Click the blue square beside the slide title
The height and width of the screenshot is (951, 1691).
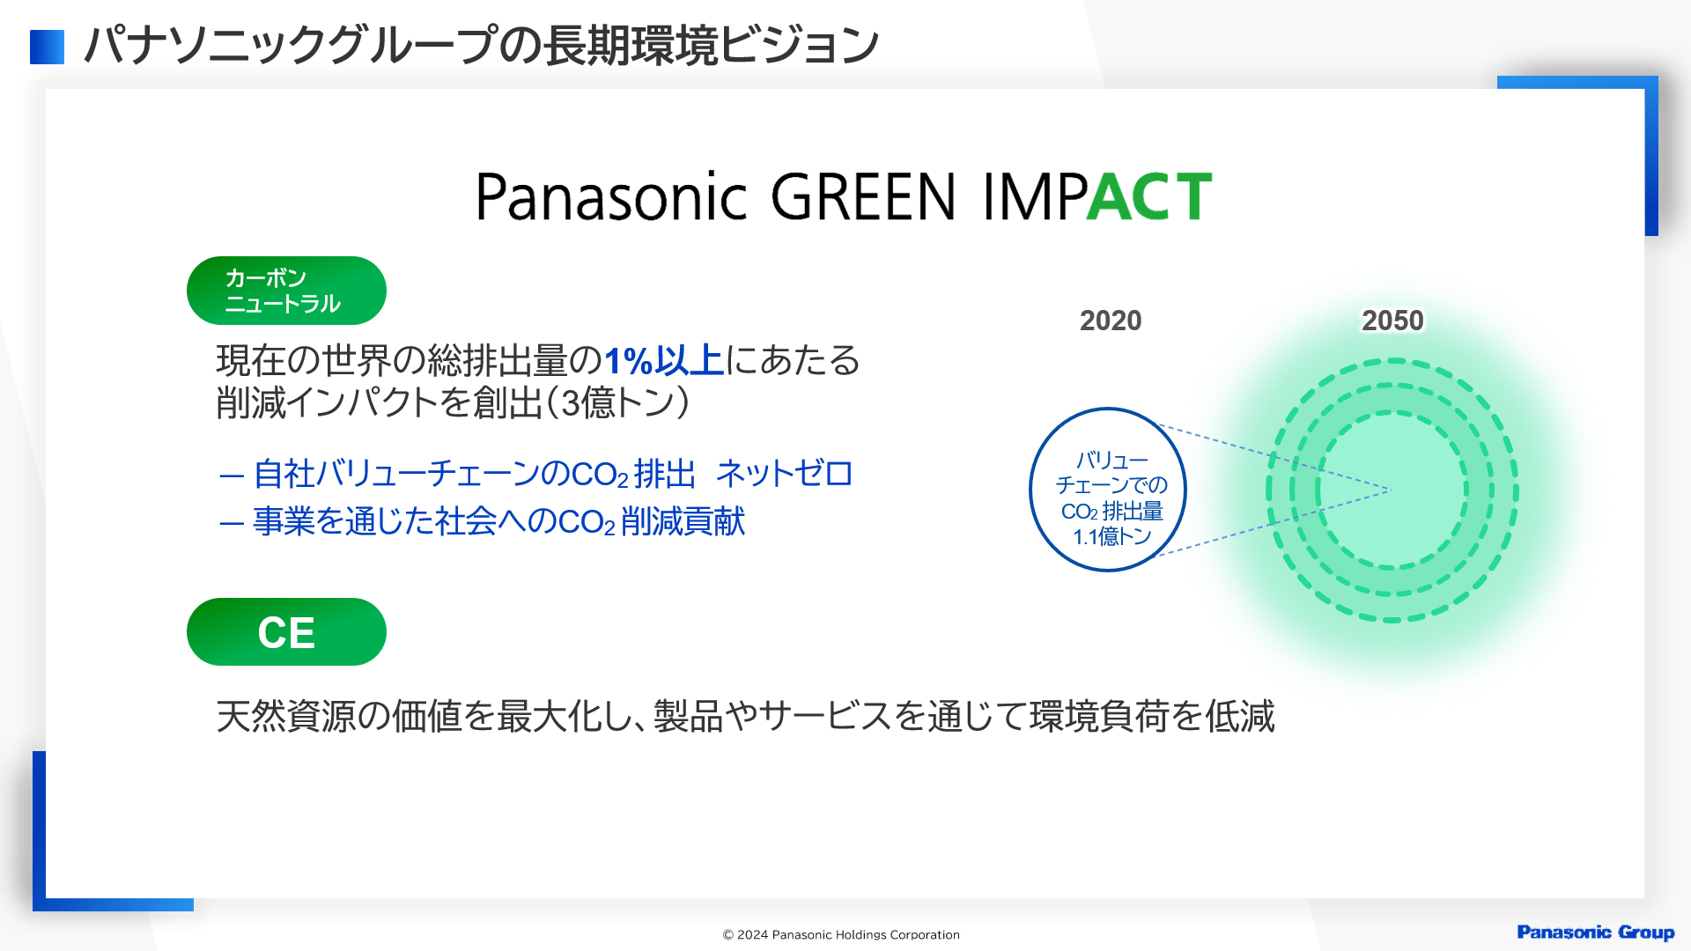pyautogui.click(x=47, y=48)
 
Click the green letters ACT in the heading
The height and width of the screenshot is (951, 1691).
pyautogui.click(x=1149, y=196)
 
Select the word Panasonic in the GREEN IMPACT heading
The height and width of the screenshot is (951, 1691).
pyautogui.click(x=611, y=196)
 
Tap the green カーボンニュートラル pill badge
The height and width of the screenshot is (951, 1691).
pyautogui.click(x=286, y=291)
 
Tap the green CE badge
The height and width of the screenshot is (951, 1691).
pyautogui.click(x=286, y=632)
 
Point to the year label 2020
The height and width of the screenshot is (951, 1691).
pyautogui.click(x=1111, y=321)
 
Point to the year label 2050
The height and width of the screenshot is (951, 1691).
pyautogui.click(x=1392, y=321)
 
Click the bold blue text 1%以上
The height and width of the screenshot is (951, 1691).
pyautogui.click(x=663, y=361)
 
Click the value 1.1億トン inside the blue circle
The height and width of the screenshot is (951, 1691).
pyautogui.click(x=1112, y=536)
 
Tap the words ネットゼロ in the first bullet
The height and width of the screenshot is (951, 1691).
pyautogui.click(x=784, y=474)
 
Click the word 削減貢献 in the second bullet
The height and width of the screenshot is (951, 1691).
pyautogui.click(x=683, y=521)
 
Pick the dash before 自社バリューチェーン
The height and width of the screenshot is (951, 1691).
pyautogui.click(x=232, y=476)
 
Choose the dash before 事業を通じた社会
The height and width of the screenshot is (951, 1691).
pyautogui.click(x=232, y=524)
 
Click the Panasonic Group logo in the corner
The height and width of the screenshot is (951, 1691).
pyautogui.click(x=1595, y=933)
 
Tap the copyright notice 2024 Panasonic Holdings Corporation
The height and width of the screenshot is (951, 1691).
pyautogui.click(x=841, y=935)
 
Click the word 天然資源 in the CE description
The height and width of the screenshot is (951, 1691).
pyautogui.click(x=286, y=717)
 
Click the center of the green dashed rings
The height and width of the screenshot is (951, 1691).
pyautogui.click(x=1392, y=490)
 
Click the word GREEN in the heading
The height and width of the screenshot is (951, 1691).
pyautogui.click(x=863, y=196)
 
